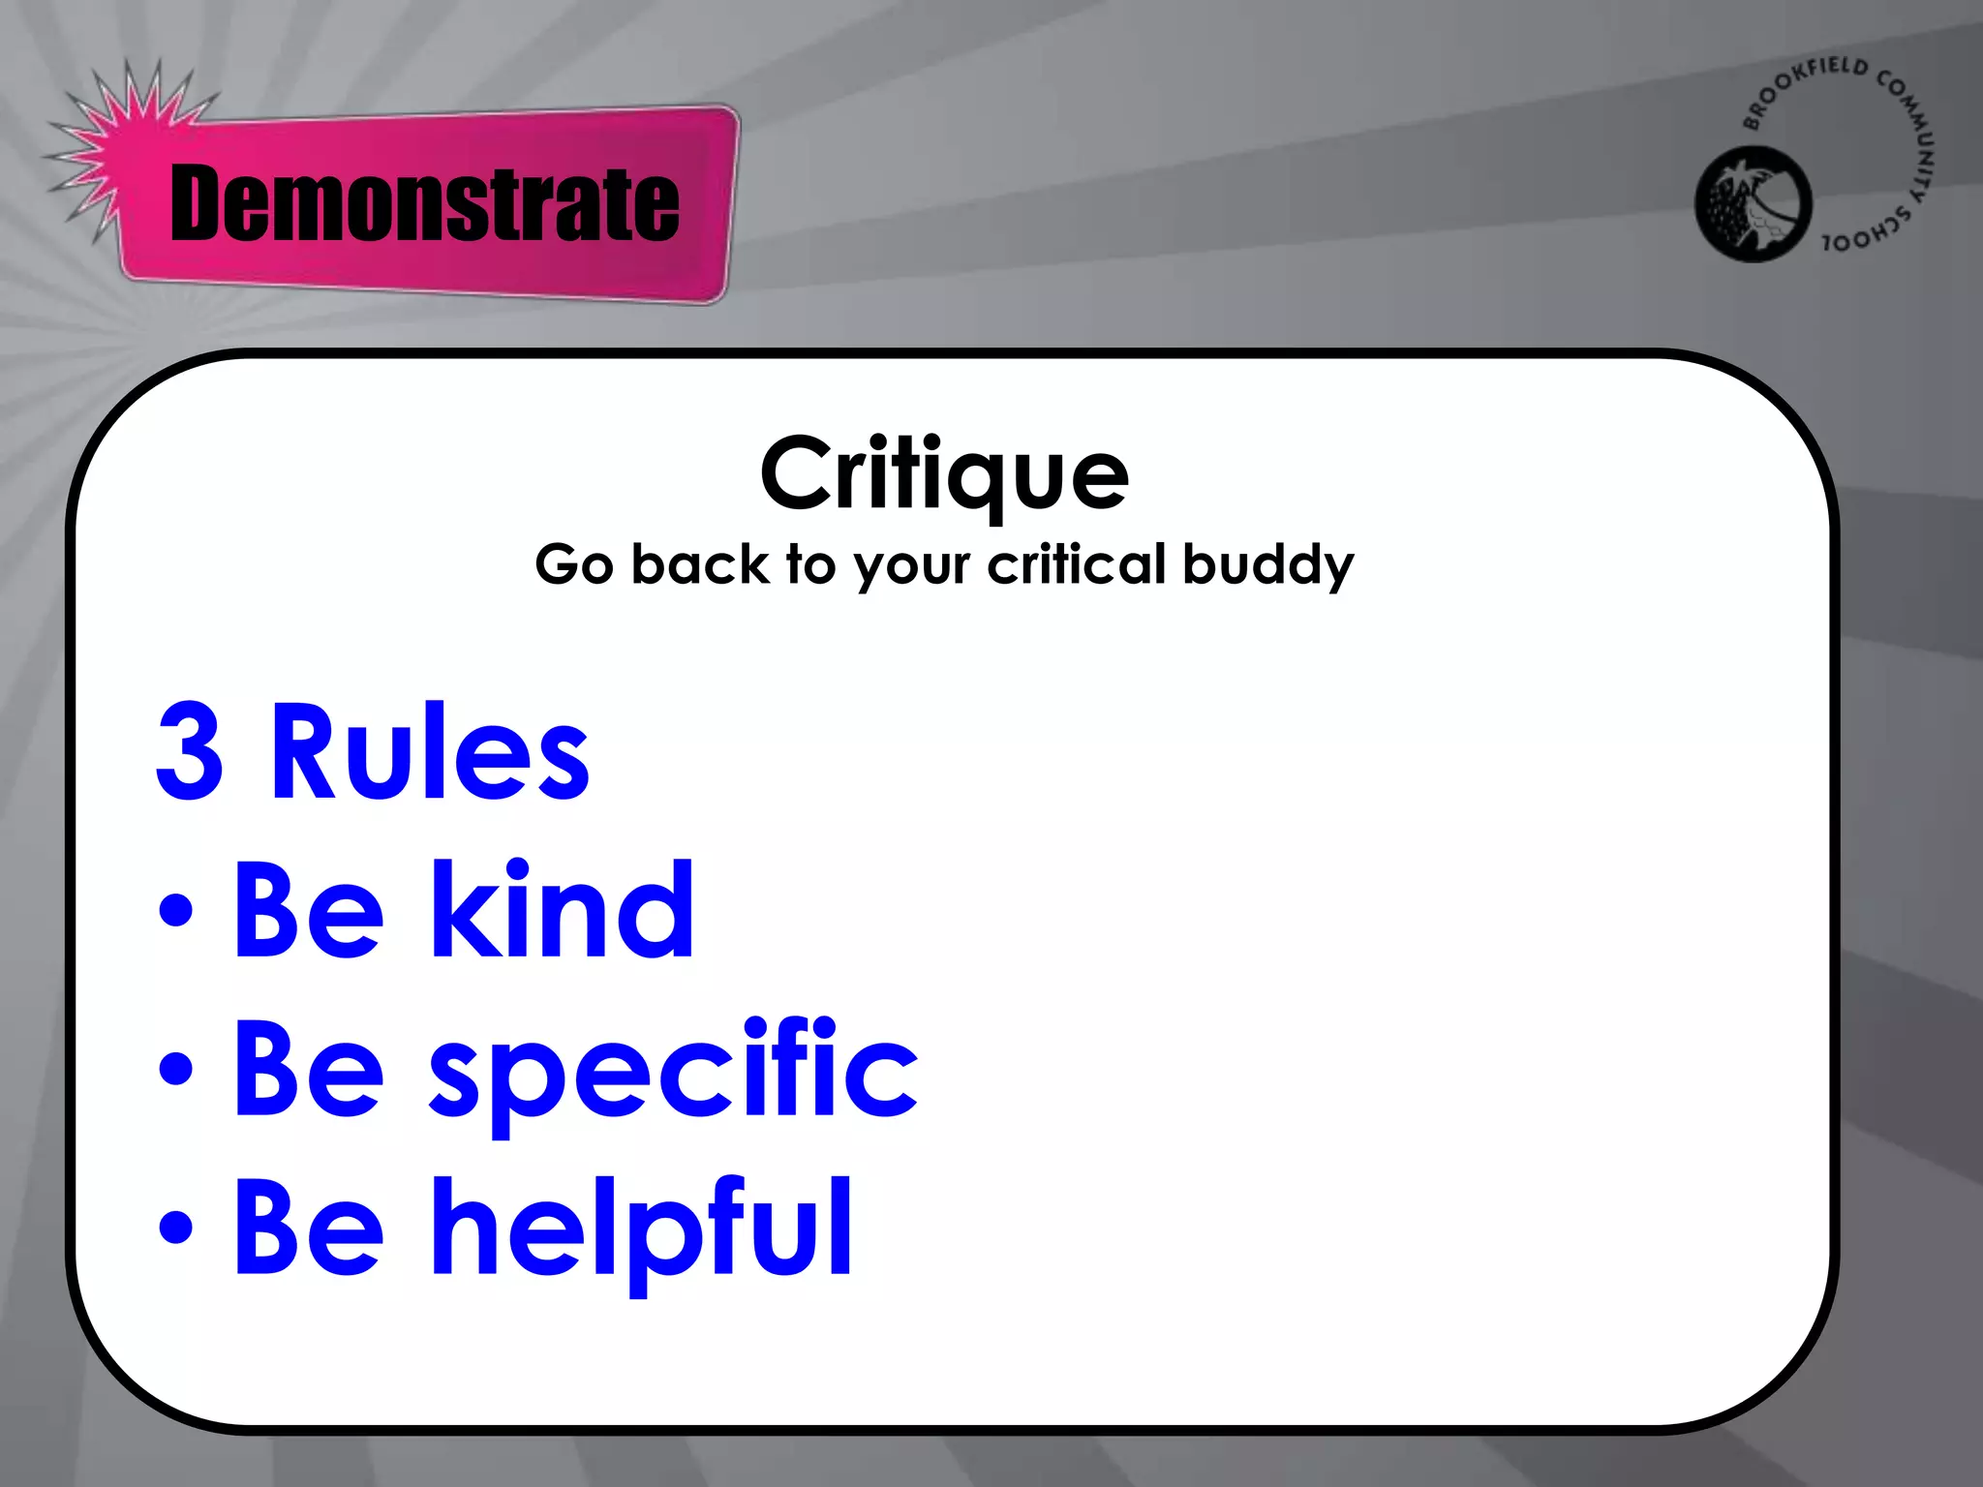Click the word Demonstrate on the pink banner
424,203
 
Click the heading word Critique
944,473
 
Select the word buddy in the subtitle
1267,564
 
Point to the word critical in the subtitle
1077,564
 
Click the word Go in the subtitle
574,564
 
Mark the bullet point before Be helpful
176,1227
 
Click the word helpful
641,1228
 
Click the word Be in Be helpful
309,1228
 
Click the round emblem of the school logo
1753,203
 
